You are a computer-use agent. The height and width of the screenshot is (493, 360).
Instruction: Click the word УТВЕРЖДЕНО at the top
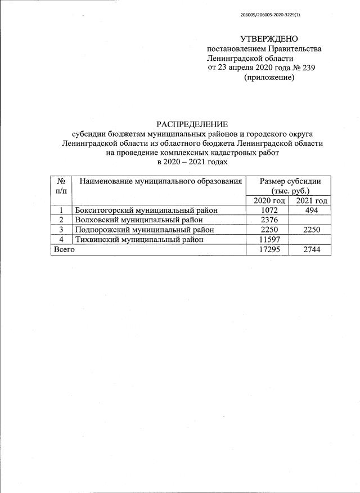tap(268, 39)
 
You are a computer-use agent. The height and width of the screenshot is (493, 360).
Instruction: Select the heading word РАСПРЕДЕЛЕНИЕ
tap(191, 124)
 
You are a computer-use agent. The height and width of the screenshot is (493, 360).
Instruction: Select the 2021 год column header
tap(309, 201)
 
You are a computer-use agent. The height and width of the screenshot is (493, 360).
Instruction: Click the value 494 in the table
tap(309, 210)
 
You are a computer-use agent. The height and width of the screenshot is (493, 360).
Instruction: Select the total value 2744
tap(309, 249)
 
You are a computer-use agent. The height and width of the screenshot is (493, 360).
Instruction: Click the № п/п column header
tap(61, 186)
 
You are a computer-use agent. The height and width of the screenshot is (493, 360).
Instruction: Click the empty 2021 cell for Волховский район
tap(309, 220)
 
